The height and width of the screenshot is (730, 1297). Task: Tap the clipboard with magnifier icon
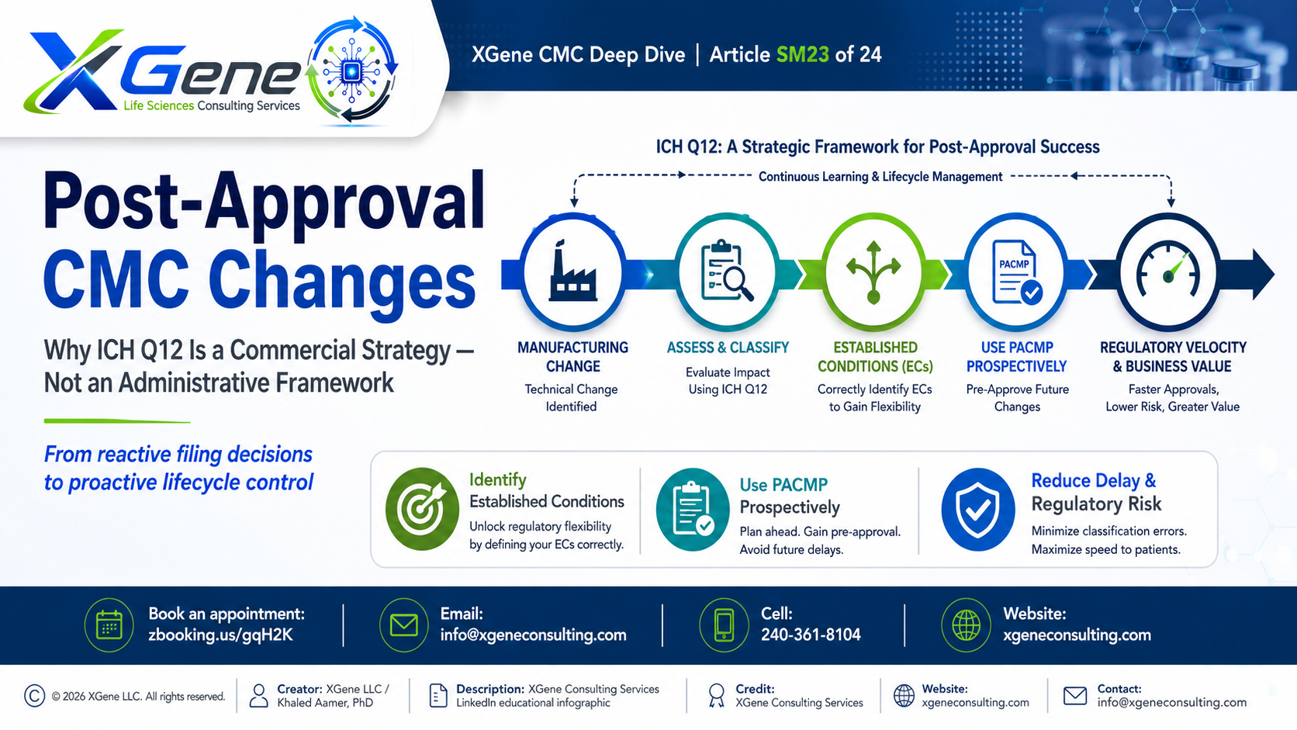point(728,270)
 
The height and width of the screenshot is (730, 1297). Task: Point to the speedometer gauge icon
point(1168,269)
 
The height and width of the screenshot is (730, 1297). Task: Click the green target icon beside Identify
point(422,509)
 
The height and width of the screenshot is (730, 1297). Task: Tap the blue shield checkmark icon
point(978,510)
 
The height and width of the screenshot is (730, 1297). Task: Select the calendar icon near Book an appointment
point(109,625)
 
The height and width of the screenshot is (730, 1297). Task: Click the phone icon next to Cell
point(724,625)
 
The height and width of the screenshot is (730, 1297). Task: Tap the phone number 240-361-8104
point(811,635)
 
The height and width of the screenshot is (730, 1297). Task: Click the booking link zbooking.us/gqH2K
point(220,635)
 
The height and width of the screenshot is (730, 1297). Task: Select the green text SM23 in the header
point(803,54)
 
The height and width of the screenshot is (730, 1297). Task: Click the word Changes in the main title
point(342,282)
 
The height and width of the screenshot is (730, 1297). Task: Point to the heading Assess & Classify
point(728,348)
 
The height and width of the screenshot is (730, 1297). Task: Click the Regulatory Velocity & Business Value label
point(1173,357)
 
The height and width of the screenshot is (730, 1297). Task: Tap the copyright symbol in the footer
point(34,696)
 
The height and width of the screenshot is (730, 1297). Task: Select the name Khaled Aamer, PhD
point(325,703)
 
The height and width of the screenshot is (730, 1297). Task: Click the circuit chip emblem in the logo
point(351,72)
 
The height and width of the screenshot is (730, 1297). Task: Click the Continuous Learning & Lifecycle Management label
point(880,177)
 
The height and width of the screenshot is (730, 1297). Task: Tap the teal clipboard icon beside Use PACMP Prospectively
point(693,510)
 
